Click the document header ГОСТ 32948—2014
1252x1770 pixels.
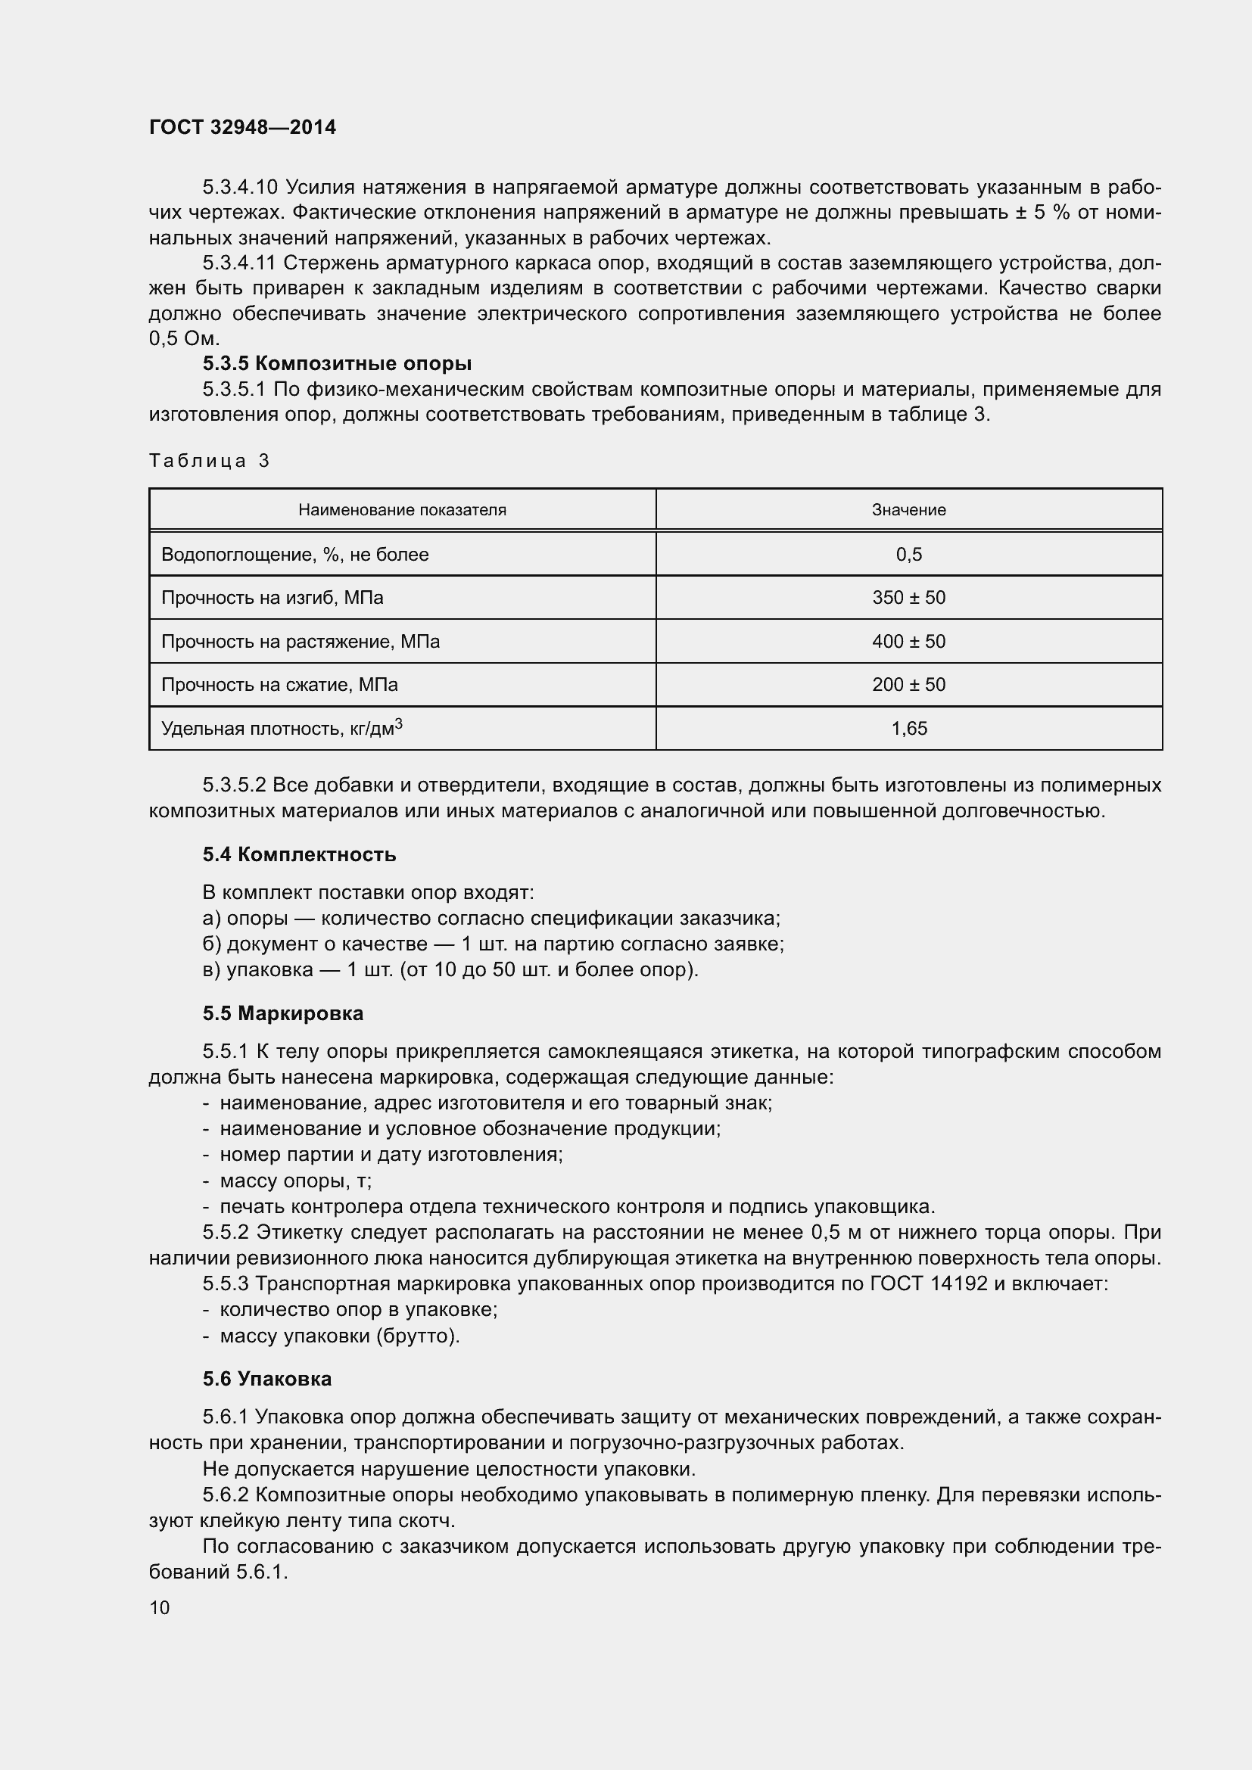click(242, 127)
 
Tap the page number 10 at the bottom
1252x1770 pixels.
click(160, 1607)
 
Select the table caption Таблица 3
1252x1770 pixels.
click(209, 461)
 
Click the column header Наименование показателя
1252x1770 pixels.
click(402, 509)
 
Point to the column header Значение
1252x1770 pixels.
click(908, 509)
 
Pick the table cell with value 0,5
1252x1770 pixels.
click(908, 554)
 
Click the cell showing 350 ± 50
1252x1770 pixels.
click(908, 598)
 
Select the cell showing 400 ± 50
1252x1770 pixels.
click(908, 642)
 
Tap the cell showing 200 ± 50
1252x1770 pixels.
click(908, 685)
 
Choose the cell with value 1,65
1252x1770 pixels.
click(908, 729)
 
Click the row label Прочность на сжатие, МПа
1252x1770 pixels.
click(279, 685)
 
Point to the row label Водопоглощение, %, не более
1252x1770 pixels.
click(294, 554)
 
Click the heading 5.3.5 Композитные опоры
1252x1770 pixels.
click(337, 363)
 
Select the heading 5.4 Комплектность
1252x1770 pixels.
click(299, 854)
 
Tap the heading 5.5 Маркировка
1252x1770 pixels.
click(283, 1013)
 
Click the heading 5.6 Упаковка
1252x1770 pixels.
click(266, 1378)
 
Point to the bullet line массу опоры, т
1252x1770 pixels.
click(295, 1181)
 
